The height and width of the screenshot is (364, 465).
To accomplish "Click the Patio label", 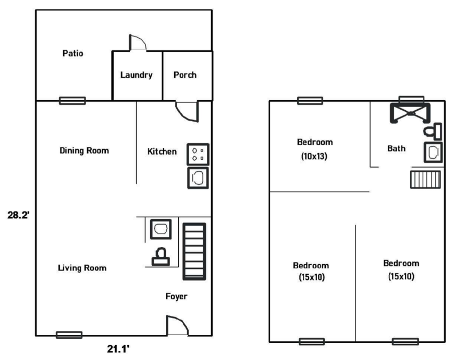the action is point(72,53).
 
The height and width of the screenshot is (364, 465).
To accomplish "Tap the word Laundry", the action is point(137,75).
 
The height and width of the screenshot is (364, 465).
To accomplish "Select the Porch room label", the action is point(185,75).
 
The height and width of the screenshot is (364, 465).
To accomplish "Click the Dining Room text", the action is point(84,150).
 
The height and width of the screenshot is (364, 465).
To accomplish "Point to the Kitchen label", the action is point(162,151).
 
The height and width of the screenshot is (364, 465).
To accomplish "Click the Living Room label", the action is point(82,268).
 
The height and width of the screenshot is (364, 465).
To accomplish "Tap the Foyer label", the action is point(176,296).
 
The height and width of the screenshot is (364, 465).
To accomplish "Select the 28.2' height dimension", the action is point(18,215).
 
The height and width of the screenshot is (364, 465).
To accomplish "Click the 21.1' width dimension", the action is point(118,349).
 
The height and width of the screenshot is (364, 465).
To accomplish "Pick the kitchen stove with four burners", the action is point(198,154).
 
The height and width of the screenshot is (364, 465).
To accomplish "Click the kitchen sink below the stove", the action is point(198,178).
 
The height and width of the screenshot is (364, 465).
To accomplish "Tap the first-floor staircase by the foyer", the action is point(194,251).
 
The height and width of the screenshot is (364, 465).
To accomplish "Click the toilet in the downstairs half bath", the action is point(161,256).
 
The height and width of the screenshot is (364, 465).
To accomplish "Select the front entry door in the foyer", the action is point(177,326).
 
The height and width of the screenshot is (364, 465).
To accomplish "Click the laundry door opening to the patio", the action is point(138,42).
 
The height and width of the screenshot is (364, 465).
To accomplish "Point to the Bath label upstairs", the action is point(396,148).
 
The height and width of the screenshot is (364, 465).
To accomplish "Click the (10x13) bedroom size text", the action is point(314,156).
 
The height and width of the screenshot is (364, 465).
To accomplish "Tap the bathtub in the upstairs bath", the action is point(410,113).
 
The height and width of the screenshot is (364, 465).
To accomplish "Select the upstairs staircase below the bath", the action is point(425,180).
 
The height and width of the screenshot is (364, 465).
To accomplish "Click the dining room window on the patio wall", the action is point(72,101).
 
